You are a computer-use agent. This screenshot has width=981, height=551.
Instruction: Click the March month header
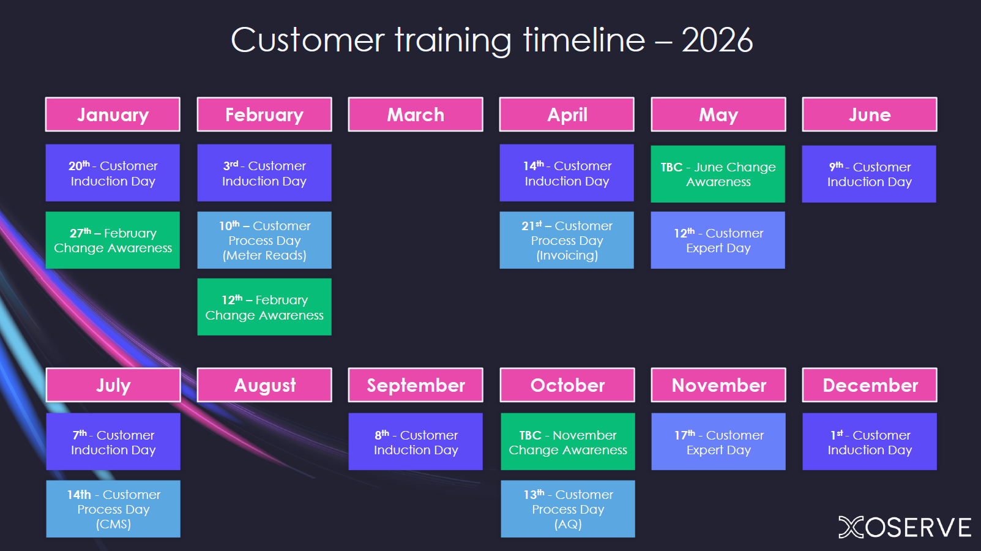[416, 114]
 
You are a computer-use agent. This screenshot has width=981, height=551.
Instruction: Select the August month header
[264, 385]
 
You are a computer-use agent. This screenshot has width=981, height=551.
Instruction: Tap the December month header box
[870, 385]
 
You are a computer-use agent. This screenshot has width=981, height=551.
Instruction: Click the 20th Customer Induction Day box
[113, 173]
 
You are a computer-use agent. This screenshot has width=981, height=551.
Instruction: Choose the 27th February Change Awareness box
[113, 240]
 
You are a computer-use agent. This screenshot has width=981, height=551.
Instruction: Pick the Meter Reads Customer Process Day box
[264, 240]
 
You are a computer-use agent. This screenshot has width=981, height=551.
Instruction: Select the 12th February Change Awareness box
[264, 307]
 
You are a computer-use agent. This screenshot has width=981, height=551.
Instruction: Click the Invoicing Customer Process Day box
[567, 240]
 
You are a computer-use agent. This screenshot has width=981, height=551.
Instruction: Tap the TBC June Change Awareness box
[718, 174]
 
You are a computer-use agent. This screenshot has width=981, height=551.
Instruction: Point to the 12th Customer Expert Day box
[718, 240]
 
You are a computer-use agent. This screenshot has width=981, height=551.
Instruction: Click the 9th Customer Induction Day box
[870, 174]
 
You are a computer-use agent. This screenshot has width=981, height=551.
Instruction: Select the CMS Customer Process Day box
[113, 509]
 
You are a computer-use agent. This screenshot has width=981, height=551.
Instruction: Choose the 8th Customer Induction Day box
[416, 441]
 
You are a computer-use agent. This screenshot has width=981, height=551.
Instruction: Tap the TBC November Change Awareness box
[568, 441]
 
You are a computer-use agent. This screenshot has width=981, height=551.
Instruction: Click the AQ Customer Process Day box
[568, 509]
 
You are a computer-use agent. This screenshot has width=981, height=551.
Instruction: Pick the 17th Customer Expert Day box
[718, 441]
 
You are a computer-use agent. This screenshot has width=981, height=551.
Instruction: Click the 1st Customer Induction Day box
[870, 441]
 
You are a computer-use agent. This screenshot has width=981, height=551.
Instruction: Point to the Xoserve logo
[905, 527]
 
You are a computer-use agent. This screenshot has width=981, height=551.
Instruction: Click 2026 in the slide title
[717, 40]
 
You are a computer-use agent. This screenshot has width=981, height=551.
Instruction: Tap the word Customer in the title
[308, 40]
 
